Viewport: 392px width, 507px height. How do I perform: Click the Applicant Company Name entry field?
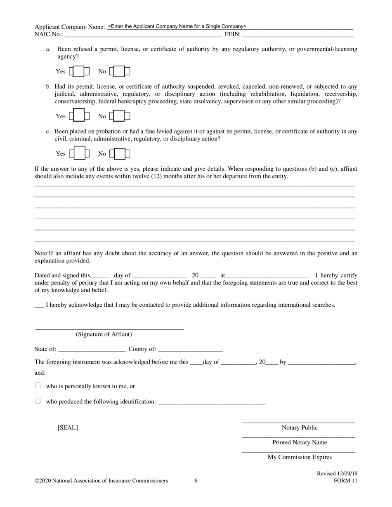point(229,26)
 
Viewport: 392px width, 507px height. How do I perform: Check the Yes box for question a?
point(79,71)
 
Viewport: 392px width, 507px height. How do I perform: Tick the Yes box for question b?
point(79,116)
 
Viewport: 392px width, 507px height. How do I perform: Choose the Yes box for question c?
point(79,154)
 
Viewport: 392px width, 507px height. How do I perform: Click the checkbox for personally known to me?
point(38,386)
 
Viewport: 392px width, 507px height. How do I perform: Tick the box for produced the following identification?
point(38,401)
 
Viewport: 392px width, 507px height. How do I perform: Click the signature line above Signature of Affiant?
point(109,328)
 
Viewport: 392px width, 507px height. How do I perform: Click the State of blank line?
point(92,350)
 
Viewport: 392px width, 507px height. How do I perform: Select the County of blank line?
point(190,350)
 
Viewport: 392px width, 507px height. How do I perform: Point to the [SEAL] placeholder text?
point(68,428)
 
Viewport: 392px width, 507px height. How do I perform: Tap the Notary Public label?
point(300,428)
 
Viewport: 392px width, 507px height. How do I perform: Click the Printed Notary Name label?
point(300,443)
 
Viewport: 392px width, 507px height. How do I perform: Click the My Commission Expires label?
point(300,457)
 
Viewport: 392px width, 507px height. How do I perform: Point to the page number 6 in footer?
point(196,481)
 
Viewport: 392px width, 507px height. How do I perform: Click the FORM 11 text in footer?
point(345,481)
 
